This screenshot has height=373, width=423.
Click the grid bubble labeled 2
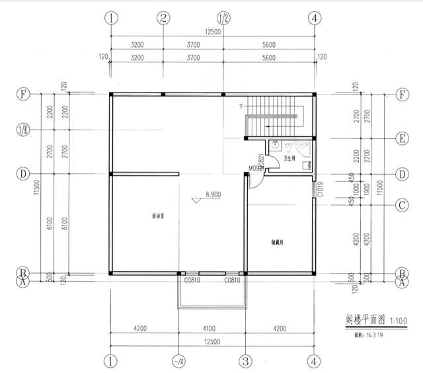[164, 18]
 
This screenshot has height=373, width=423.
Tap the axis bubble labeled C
[401, 205]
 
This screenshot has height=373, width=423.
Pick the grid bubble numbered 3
[245, 361]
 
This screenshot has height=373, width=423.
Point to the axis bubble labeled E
[401, 139]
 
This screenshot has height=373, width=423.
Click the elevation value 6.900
[213, 195]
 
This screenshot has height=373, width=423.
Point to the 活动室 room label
[158, 216]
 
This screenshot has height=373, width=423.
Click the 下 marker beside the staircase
[241, 106]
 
